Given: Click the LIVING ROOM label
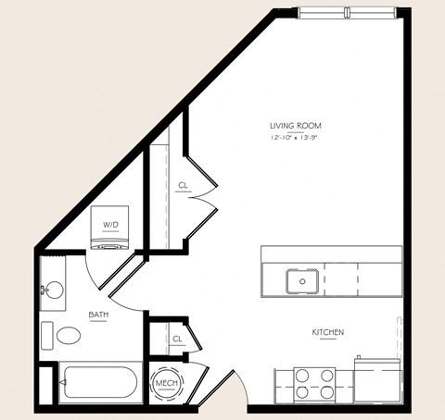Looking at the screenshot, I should coord(296,126).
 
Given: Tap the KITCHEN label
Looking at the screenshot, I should coord(328,332).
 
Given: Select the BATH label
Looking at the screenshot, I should coord(98,315).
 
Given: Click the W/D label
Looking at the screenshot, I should coord(110,224).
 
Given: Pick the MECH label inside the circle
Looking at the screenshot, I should coord(167,384).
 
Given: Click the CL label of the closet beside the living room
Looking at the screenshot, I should coord(183,185).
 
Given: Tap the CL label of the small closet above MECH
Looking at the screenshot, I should coord(177,340).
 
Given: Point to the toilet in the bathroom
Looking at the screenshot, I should coord(68,336).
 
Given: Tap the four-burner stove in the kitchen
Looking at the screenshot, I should coord(314,383).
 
